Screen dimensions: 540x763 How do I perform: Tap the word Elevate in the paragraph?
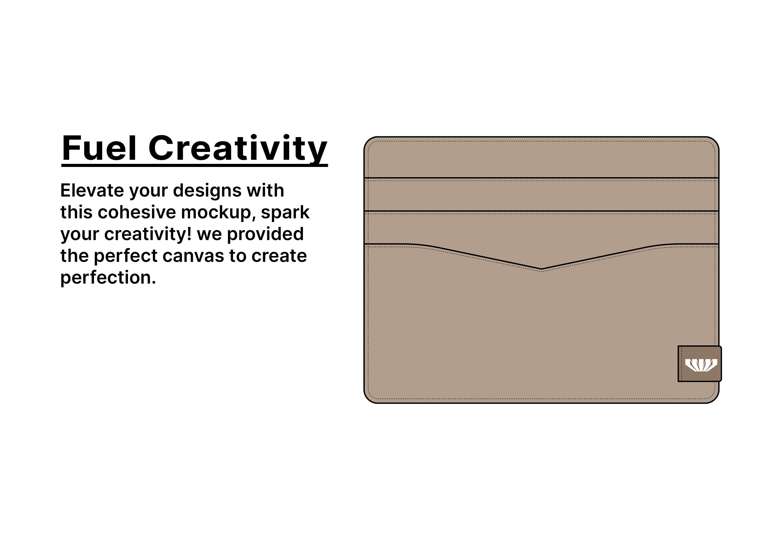92,191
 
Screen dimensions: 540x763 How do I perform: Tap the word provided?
265,234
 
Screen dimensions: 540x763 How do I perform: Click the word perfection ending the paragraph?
108,278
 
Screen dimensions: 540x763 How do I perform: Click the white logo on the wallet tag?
701,365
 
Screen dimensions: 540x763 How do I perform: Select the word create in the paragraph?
279,256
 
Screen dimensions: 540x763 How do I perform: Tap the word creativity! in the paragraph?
148,234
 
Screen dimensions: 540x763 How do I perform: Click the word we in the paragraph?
209,234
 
